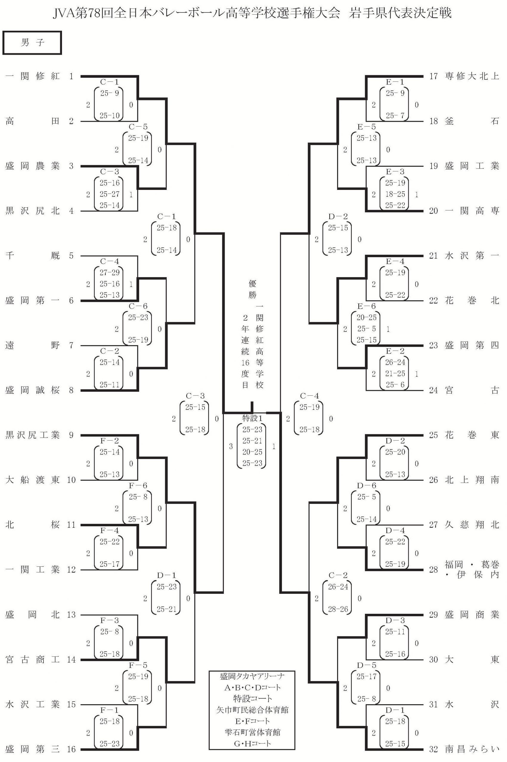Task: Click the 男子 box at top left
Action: point(32,43)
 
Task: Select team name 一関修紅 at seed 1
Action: point(32,76)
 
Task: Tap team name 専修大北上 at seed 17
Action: point(472,76)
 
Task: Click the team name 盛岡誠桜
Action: point(32,390)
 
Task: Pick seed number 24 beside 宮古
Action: point(433,390)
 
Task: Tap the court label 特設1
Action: point(252,419)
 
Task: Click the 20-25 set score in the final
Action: point(252,452)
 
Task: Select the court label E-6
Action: point(366,306)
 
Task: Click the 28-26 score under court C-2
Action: point(338,609)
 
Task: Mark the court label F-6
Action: point(138,485)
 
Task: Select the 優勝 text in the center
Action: point(252,289)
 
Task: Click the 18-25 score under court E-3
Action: point(395,194)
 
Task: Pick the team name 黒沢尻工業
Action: point(32,435)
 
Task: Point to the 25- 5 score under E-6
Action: point(366,329)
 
